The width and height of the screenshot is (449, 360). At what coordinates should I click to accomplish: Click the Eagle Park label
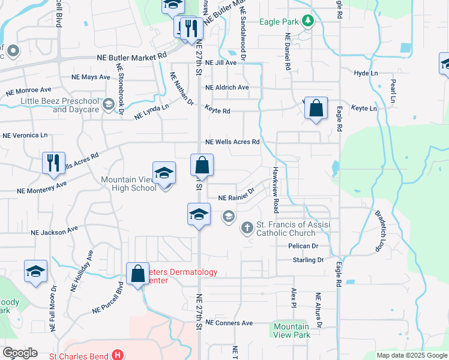279,22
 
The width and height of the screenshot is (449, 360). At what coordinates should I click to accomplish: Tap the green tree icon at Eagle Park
308,21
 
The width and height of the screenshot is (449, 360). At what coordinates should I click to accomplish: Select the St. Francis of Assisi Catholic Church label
286,229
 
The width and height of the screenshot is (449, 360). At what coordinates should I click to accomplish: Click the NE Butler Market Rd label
131,56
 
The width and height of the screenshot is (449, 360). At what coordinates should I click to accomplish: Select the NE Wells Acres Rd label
232,142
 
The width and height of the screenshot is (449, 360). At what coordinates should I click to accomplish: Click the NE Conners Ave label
229,323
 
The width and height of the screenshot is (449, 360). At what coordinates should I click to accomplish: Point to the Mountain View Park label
291,331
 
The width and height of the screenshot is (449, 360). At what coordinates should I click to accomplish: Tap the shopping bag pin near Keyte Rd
316,109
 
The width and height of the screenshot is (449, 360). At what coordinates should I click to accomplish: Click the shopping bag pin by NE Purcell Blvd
138,274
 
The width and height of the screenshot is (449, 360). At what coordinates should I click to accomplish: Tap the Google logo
20,353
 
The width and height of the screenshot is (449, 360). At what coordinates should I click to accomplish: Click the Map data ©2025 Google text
411,355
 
